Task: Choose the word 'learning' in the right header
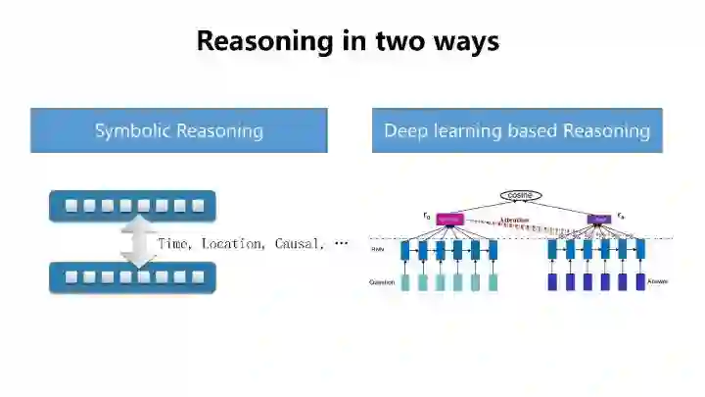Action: point(465,130)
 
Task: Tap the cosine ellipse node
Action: point(520,196)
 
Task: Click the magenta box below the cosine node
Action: point(448,220)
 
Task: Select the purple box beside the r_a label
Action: point(597,220)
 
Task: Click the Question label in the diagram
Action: point(382,282)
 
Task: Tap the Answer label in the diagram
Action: point(658,282)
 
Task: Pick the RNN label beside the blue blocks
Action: point(378,250)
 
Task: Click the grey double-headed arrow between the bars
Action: point(139,241)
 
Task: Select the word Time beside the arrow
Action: point(174,243)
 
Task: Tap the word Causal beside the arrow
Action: point(298,243)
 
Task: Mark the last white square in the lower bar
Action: point(198,277)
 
